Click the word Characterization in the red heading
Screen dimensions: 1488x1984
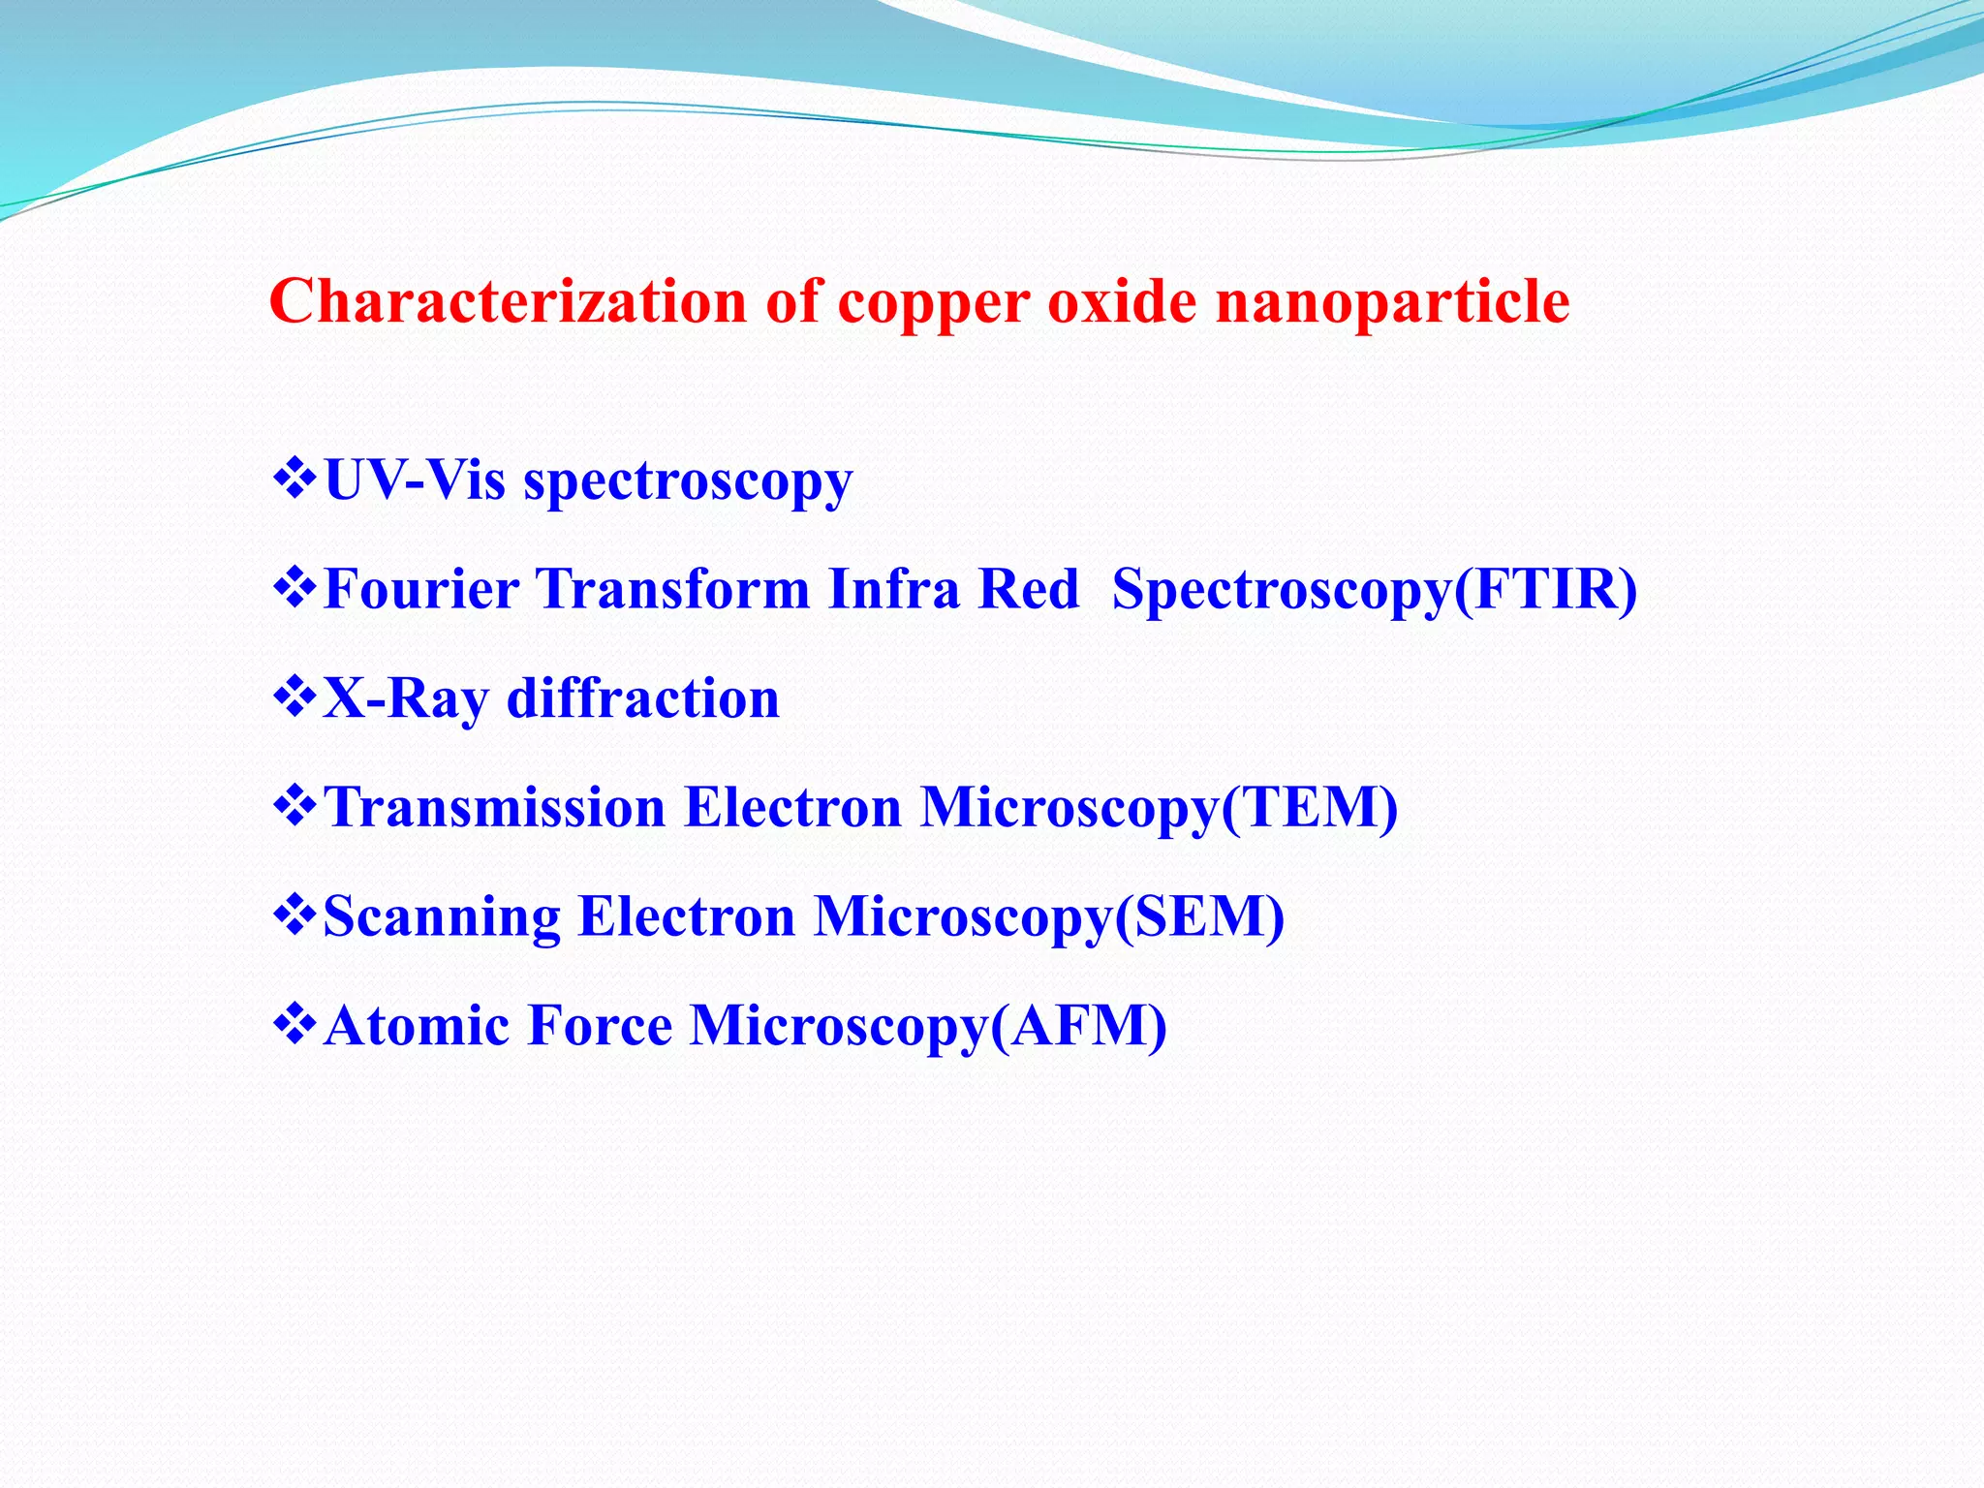508,301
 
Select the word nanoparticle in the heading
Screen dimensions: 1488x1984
1392,303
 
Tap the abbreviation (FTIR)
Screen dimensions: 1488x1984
1546,589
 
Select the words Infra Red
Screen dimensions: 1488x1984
953,589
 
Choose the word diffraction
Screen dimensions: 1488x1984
643,697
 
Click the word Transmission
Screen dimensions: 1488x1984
494,807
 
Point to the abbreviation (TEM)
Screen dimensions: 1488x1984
1310,807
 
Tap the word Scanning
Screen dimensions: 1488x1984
442,917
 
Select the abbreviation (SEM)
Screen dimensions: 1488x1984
1200,916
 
